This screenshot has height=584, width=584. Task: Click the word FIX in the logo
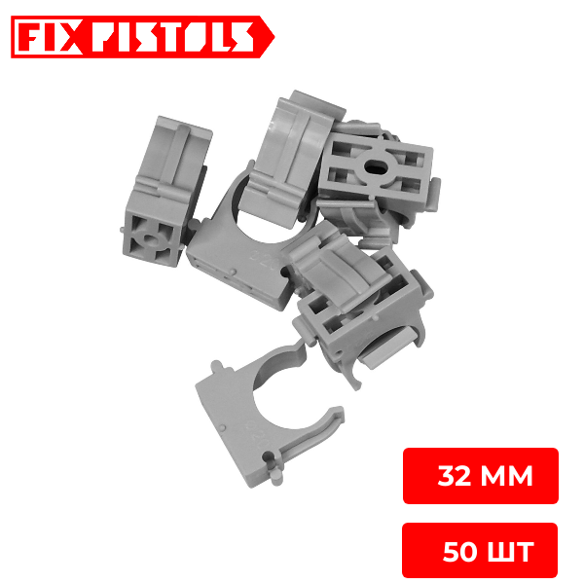click(51, 37)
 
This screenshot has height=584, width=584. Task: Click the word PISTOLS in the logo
click(173, 37)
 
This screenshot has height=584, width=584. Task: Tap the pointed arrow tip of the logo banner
click(274, 37)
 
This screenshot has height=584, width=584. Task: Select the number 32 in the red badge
click(454, 476)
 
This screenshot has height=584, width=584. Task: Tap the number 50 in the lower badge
click(460, 552)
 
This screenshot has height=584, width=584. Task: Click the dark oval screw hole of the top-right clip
click(376, 166)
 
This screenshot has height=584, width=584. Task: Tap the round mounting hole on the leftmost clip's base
click(150, 239)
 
